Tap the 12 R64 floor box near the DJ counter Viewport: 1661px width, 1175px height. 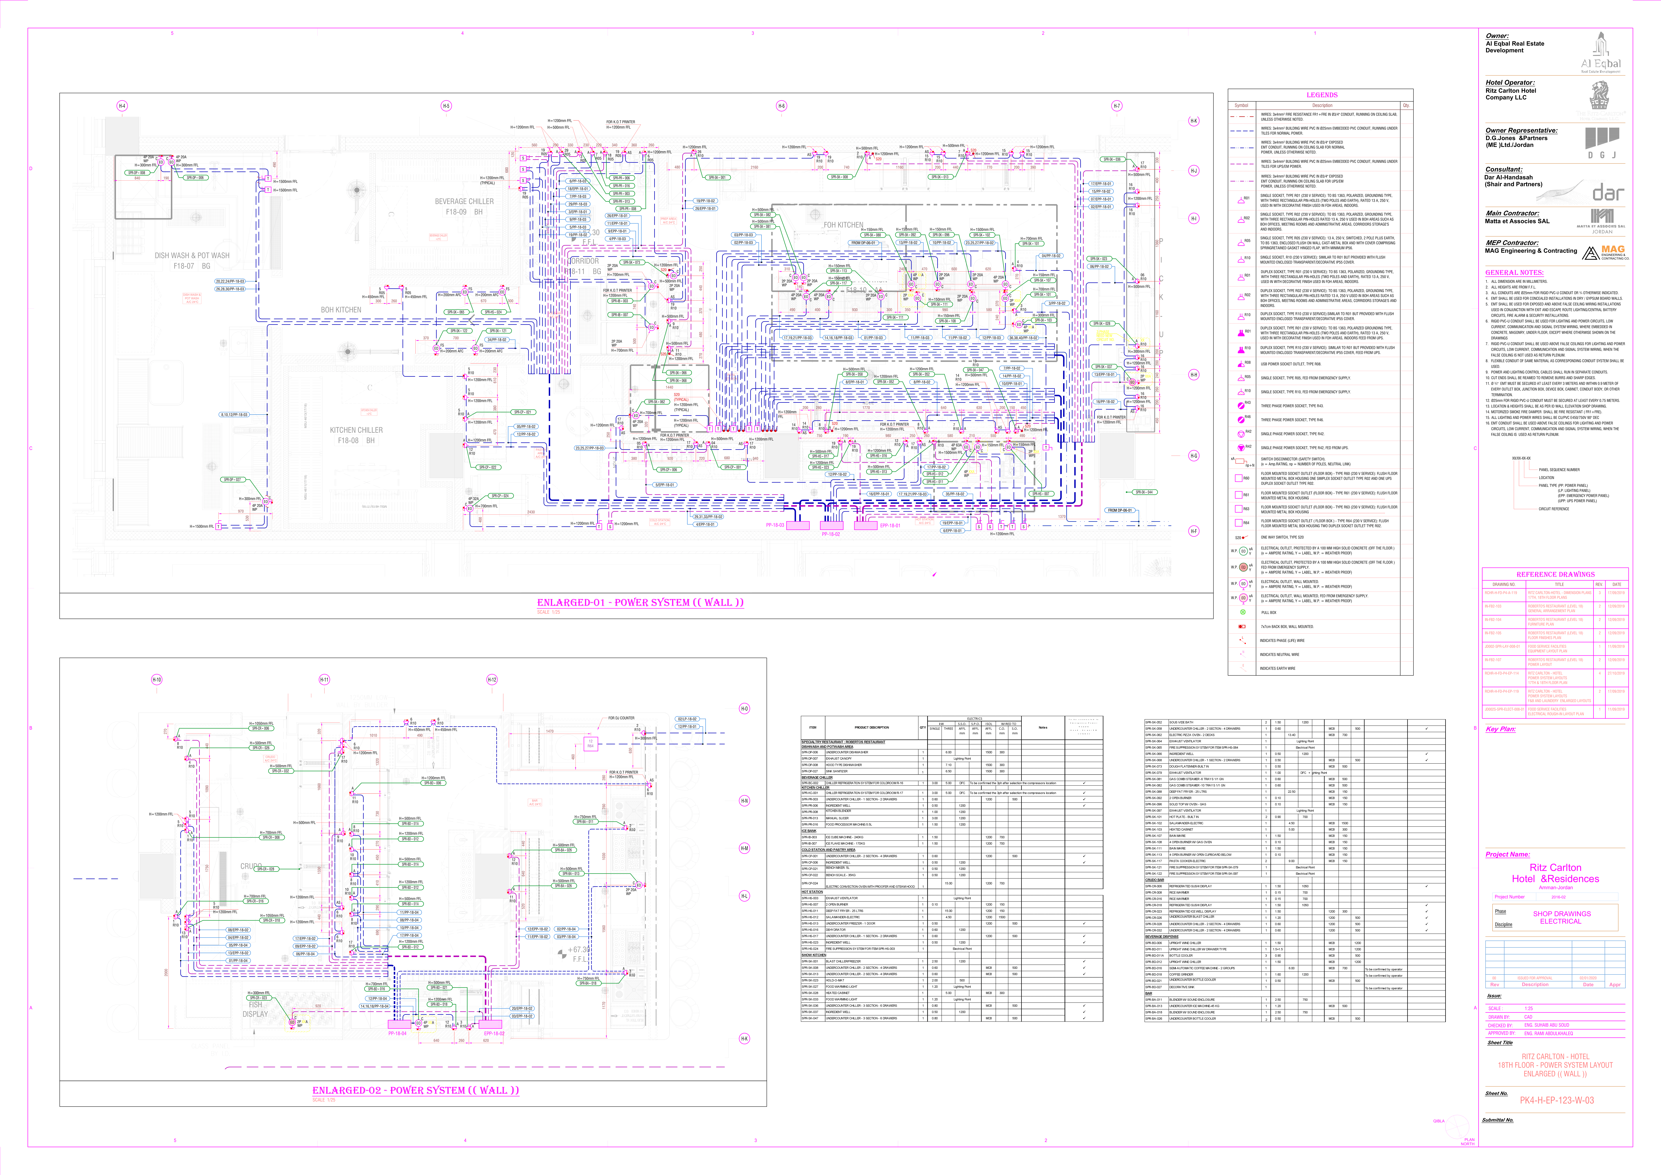[590, 743]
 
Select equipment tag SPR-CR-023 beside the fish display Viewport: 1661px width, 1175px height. [258, 998]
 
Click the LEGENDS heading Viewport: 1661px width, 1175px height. [1322, 95]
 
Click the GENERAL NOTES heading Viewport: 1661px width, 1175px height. [1514, 273]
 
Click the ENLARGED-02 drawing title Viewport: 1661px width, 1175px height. [415, 1090]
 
